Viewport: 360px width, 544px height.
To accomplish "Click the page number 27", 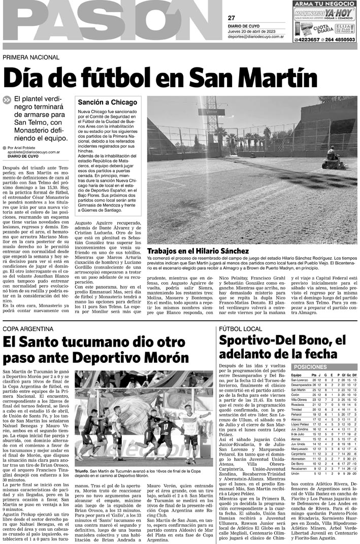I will click(231, 18).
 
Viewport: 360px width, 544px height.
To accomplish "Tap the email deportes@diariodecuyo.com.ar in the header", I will click(255, 37).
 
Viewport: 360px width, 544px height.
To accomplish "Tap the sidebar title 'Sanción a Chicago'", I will click(107, 103).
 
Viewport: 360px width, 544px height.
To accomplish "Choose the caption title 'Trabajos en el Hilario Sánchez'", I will click(198, 251).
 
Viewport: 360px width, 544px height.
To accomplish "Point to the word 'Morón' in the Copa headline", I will click(163, 358).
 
